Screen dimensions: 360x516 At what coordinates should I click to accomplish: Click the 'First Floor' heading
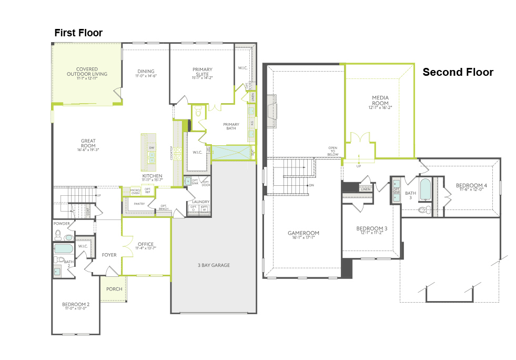coord(78,33)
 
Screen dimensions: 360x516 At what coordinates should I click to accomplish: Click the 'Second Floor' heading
coord(458,72)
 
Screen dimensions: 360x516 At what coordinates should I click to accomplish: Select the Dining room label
coord(146,73)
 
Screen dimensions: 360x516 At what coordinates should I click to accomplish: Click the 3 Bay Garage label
coord(213,265)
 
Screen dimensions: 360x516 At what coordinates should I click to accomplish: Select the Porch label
coord(114,289)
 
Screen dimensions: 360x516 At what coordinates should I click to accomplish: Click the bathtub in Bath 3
coord(425,189)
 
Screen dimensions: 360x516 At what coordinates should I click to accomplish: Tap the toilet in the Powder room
coord(68,238)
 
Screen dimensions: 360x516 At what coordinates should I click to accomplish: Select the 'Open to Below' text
coord(332,151)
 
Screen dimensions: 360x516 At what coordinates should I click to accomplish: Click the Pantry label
coord(139,203)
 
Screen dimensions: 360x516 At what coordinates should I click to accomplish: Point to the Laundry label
coord(201,202)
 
